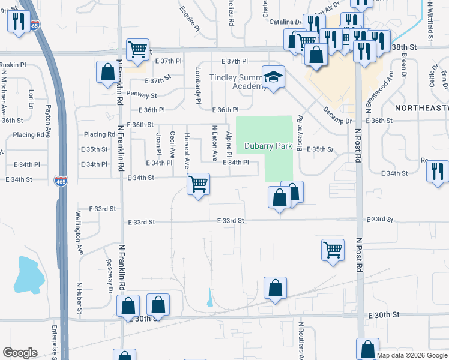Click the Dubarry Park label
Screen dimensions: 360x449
[268, 146]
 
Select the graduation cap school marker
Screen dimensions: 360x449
[273, 77]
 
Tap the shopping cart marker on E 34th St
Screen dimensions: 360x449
[198, 184]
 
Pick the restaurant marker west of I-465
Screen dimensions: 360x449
[18, 23]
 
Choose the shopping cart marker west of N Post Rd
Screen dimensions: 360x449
[333, 250]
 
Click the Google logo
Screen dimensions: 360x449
[20, 353]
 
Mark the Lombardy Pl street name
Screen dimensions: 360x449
[197, 85]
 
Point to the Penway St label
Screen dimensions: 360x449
[142, 95]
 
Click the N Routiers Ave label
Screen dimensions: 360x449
[301, 340]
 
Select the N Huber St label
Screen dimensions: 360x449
[79, 298]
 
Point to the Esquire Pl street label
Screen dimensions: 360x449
[191, 19]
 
